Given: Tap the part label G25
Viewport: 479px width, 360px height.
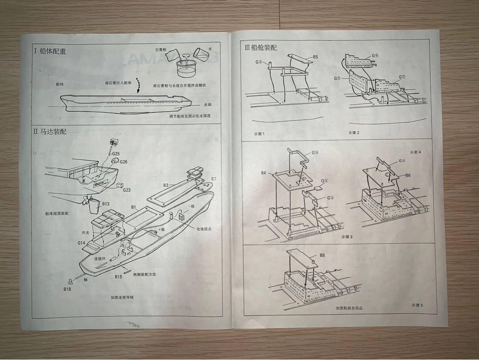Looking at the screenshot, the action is tap(116, 153).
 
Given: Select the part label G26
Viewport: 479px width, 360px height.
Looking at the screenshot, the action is tap(123, 162).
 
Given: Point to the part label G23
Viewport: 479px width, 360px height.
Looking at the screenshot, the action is tap(126, 190).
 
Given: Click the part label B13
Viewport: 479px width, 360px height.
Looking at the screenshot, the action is tap(106, 204).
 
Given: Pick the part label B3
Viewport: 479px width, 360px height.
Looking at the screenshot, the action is tap(166, 185).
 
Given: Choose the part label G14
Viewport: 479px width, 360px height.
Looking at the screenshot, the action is tap(82, 242).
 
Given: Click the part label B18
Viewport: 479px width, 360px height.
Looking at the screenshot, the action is tap(67, 289).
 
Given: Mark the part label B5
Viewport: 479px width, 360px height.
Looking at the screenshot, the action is tap(316, 57).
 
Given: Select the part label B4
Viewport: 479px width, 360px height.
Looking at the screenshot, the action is tap(264, 173).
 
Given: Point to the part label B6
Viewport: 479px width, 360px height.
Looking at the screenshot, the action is tap(408, 175).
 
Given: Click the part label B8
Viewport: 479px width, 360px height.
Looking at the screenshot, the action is tap(322, 255).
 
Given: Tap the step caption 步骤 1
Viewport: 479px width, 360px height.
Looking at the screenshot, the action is tap(259, 133).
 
